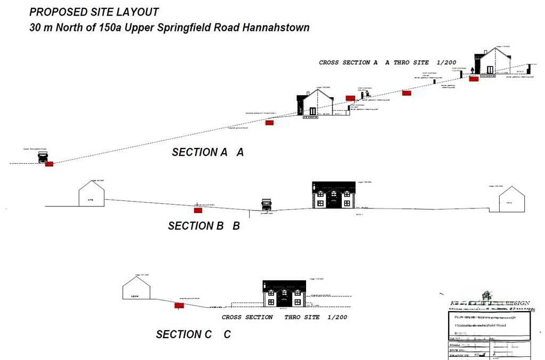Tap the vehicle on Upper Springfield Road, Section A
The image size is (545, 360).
[x=43, y=157]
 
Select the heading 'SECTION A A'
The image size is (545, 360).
[x=208, y=153]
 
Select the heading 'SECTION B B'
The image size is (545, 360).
[x=204, y=226]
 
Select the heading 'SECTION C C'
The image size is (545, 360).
[x=193, y=334]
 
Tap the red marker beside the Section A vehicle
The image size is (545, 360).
[x=49, y=164]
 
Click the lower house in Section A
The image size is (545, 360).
[x=315, y=103]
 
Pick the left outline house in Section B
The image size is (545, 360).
[x=92, y=194]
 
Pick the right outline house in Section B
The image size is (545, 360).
[x=511, y=199]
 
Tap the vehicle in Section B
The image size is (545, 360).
[x=266, y=205]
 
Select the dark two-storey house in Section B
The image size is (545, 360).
[x=334, y=195]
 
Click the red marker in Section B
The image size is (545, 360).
[x=198, y=211]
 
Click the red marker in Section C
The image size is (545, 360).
[x=179, y=306]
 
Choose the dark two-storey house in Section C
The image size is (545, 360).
[x=284, y=294]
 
